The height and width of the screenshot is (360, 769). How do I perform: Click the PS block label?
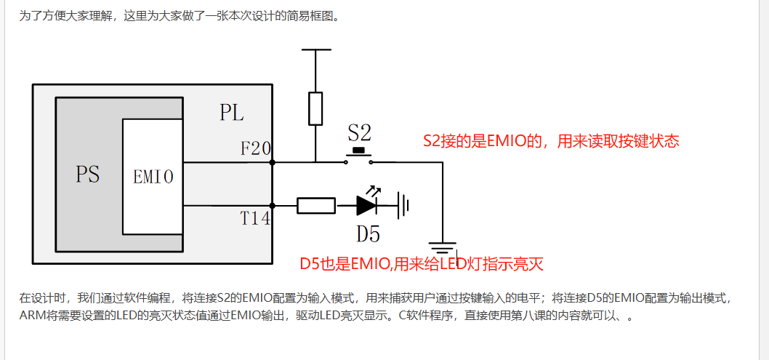point(88,175)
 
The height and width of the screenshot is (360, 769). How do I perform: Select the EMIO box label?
point(153,176)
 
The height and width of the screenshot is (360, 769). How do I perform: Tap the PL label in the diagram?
point(232,113)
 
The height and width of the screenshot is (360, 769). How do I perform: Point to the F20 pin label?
point(255,149)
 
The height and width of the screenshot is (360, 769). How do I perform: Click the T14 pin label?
point(255,219)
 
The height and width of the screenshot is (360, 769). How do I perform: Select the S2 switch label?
point(359,132)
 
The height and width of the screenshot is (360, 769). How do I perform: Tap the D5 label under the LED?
point(367,234)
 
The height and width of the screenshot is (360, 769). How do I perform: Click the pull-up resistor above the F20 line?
point(315,108)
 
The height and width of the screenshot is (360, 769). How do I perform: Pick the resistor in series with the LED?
point(316,206)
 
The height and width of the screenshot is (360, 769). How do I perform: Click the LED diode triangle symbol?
point(366,206)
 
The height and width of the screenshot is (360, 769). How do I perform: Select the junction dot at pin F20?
point(273,163)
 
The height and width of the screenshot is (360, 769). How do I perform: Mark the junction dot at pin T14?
point(273,206)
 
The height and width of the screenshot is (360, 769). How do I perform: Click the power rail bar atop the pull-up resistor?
point(315,50)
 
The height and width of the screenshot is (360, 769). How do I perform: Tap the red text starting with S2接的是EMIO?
point(551,141)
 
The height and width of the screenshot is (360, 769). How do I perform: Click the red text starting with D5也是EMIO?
point(422,263)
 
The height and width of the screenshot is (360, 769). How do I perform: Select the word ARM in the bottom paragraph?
point(32,316)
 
